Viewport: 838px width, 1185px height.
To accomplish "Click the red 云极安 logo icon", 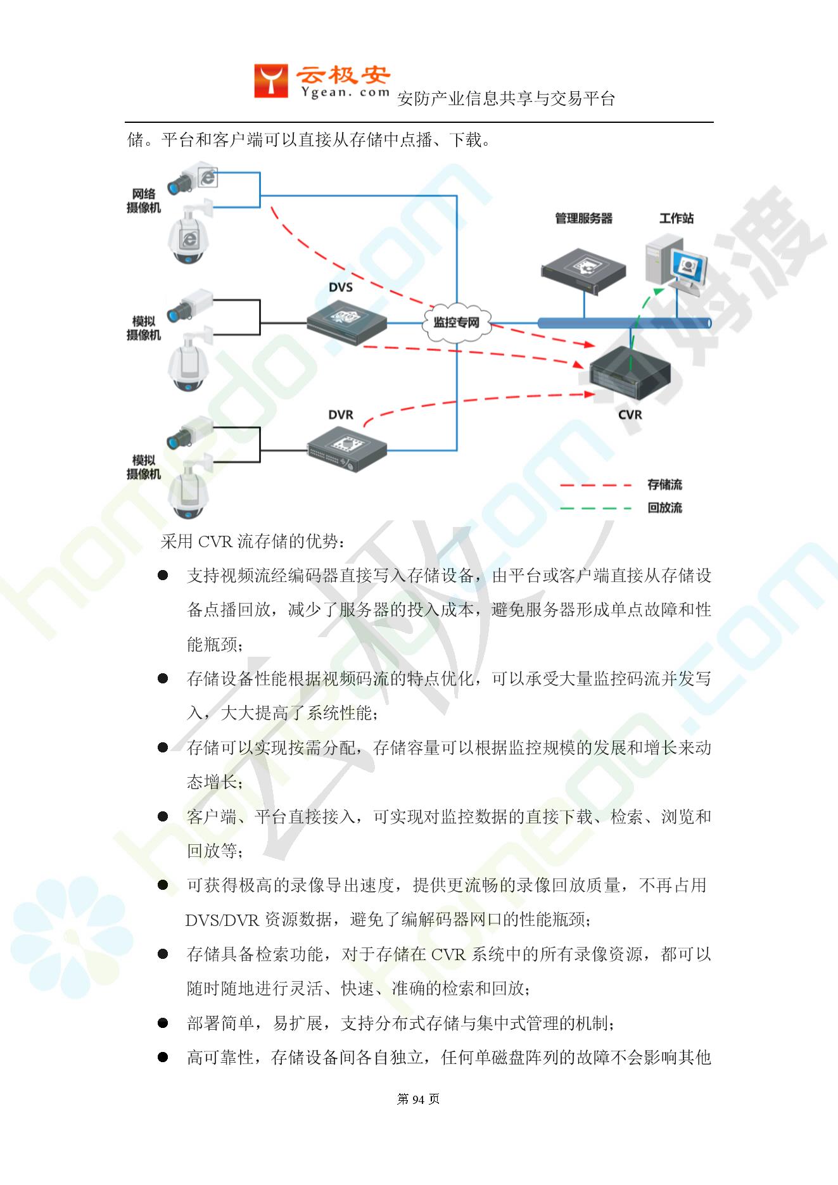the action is point(271,80).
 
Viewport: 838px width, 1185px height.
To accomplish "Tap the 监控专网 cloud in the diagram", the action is point(456,323).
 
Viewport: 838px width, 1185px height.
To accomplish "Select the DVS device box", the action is point(346,321).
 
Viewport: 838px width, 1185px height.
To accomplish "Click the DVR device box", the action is point(347,450).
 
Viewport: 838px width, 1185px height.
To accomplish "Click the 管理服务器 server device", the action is point(583,268).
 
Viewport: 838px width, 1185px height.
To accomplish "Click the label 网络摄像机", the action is point(144,201).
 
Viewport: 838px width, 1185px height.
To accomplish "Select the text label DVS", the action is point(341,287).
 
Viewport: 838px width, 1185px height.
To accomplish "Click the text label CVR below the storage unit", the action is point(630,415).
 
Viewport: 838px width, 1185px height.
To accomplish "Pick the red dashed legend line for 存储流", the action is point(596,486).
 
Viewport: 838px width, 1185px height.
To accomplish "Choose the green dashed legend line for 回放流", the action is point(596,508).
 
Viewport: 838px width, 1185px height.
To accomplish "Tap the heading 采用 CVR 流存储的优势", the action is point(253,542).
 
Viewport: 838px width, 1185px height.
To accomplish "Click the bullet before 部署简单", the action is point(163,1023).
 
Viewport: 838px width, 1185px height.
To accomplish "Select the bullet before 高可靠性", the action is point(163,1057).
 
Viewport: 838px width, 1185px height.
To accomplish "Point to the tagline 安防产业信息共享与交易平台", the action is point(506,99).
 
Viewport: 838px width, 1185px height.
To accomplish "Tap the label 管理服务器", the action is point(584,219).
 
